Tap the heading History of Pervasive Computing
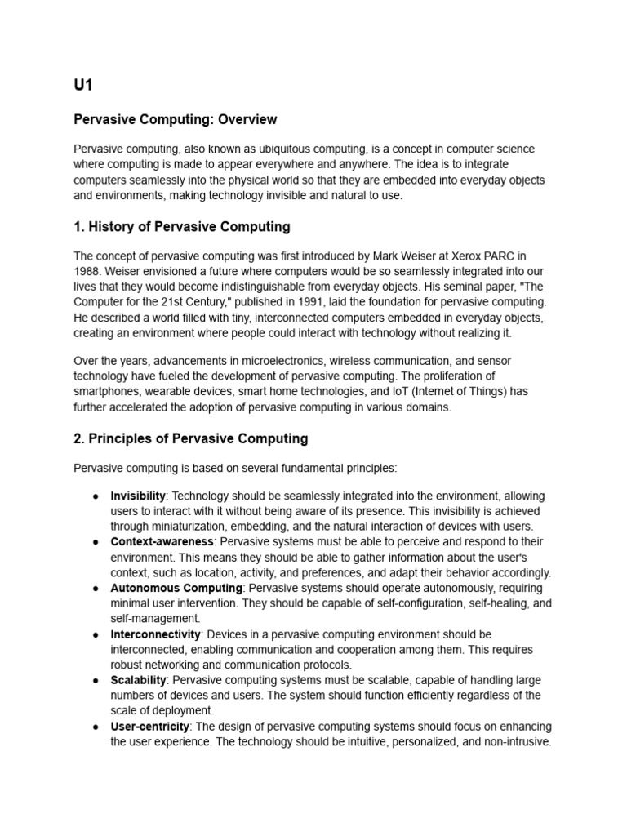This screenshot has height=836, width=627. pos(182,226)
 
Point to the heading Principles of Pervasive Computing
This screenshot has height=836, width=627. pos(191,438)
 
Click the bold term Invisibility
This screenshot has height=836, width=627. pos(138,496)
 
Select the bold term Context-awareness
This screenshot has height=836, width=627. pos(162,542)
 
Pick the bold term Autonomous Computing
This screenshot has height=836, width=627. pos(176,589)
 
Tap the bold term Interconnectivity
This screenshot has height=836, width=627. pos(154,634)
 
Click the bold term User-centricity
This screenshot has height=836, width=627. pos(150,727)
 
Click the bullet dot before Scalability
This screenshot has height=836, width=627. pos(96,680)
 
